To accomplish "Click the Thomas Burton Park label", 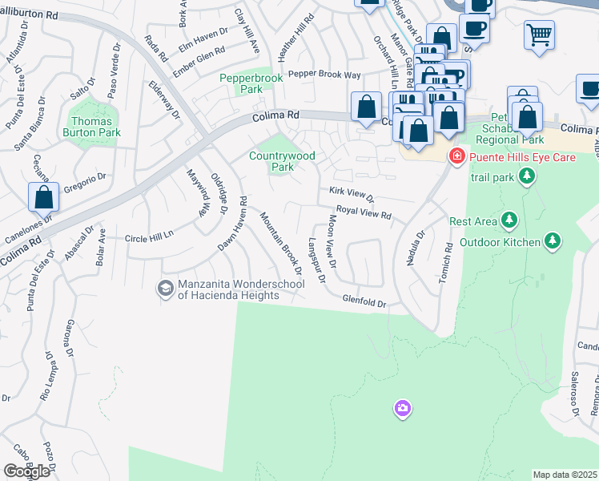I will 91,127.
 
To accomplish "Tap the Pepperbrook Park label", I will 242,84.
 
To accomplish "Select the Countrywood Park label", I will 282,161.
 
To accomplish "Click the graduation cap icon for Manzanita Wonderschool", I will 166,288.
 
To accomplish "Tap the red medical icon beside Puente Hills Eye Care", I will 457,156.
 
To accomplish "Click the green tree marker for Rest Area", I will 509,220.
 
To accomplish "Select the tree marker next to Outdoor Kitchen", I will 552,240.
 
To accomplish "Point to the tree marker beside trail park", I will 526,176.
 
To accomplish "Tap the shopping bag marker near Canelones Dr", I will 43,196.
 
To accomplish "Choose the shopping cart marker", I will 540,34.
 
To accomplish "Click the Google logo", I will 26,471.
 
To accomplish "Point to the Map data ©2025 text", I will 565,475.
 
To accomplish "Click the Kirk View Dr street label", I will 352,194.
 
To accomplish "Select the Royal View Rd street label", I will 364,212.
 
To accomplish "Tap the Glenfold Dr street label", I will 364,303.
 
